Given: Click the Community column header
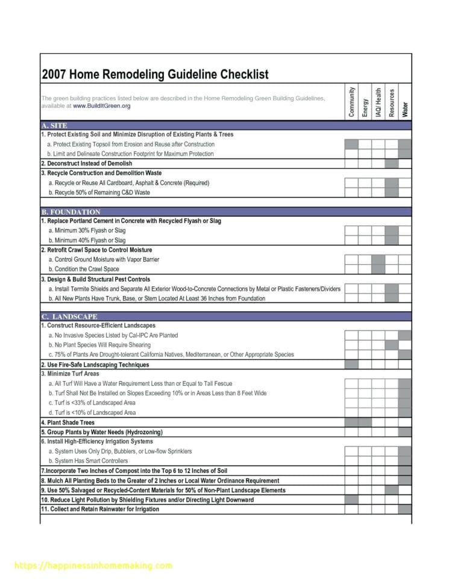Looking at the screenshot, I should (x=351, y=101).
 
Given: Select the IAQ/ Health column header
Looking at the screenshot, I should (x=378, y=101).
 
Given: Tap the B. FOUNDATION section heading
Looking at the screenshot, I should (x=71, y=212).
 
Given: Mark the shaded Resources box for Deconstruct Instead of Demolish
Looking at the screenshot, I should (x=392, y=163).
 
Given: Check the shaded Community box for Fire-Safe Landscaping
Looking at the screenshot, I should (x=351, y=364).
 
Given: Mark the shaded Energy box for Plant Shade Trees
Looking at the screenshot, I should (x=365, y=422).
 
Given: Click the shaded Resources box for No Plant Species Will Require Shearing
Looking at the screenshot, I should (x=392, y=345).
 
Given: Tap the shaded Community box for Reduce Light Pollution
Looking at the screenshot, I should (x=351, y=499).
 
